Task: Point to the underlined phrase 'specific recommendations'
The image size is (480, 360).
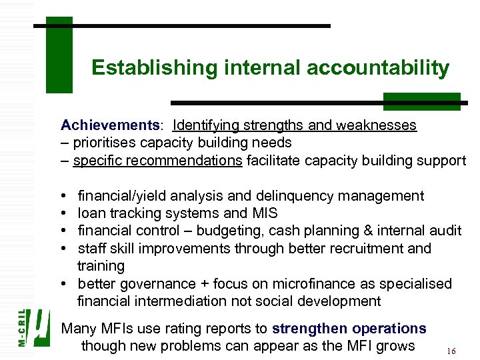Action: (x=158, y=161)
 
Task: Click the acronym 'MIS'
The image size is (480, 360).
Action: (x=265, y=213)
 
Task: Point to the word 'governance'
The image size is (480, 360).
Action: (x=152, y=283)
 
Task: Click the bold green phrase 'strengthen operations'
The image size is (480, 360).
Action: (x=349, y=329)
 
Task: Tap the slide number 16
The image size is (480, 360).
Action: (x=451, y=350)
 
